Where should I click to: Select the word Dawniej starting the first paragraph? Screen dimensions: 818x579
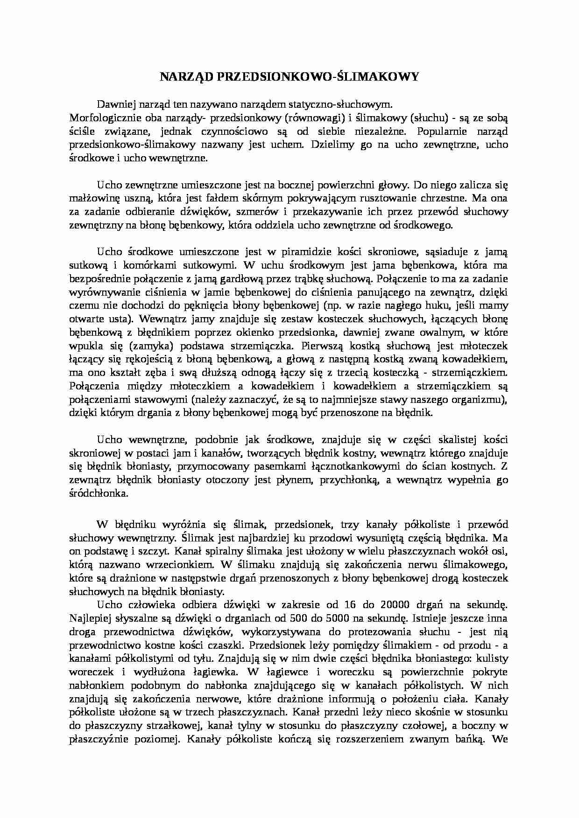point(113,104)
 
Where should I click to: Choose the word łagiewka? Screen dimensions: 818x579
point(213,672)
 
